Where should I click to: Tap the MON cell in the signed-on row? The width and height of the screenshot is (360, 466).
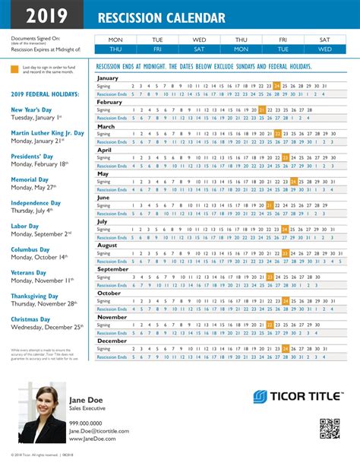click(x=115, y=39)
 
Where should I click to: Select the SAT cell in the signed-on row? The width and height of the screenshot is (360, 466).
click(x=324, y=39)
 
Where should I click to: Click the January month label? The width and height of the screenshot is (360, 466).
click(x=108, y=78)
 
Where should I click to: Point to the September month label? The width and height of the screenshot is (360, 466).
click(x=112, y=268)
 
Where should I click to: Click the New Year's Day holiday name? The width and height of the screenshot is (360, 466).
click(x=36, y=109)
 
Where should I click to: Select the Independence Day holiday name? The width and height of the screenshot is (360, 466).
click(x=41, y=203)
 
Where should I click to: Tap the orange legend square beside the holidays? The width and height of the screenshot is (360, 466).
click(x=15, y=69)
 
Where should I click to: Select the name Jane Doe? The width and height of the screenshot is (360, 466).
click(x=87, y=400)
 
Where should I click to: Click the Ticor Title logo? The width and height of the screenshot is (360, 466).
click(x=297, y=398)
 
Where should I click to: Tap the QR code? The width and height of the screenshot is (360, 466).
click(x=329, y=429)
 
